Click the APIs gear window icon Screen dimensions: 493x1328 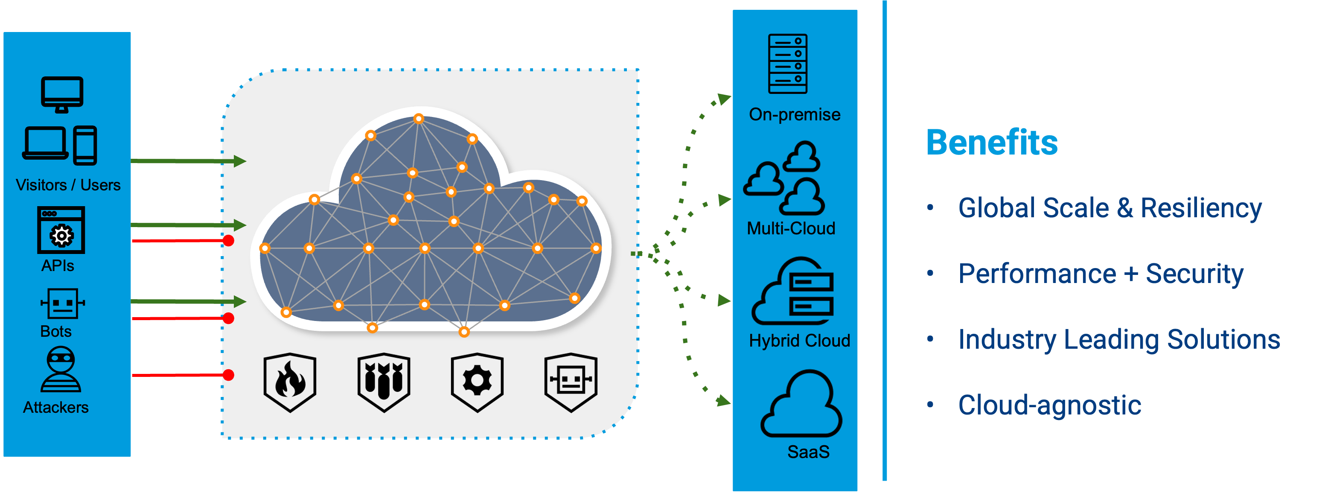click(61, 230)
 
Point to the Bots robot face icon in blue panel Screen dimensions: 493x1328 click(62, 304)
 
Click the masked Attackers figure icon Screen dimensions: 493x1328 click(61, 369)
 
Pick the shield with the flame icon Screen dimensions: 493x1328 click(290, 382)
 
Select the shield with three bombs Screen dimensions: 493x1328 click(384, 382)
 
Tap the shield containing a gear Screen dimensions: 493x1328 click(477, 382)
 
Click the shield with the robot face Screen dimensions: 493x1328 click(571, 382)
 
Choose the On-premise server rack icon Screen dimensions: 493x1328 click(787, 64)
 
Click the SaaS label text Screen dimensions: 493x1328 click(808, 452)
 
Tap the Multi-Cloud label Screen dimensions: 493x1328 click(791, 228)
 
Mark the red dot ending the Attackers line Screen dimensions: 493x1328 click(228, 375)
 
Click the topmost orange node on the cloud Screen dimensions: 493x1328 click(419, 119)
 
